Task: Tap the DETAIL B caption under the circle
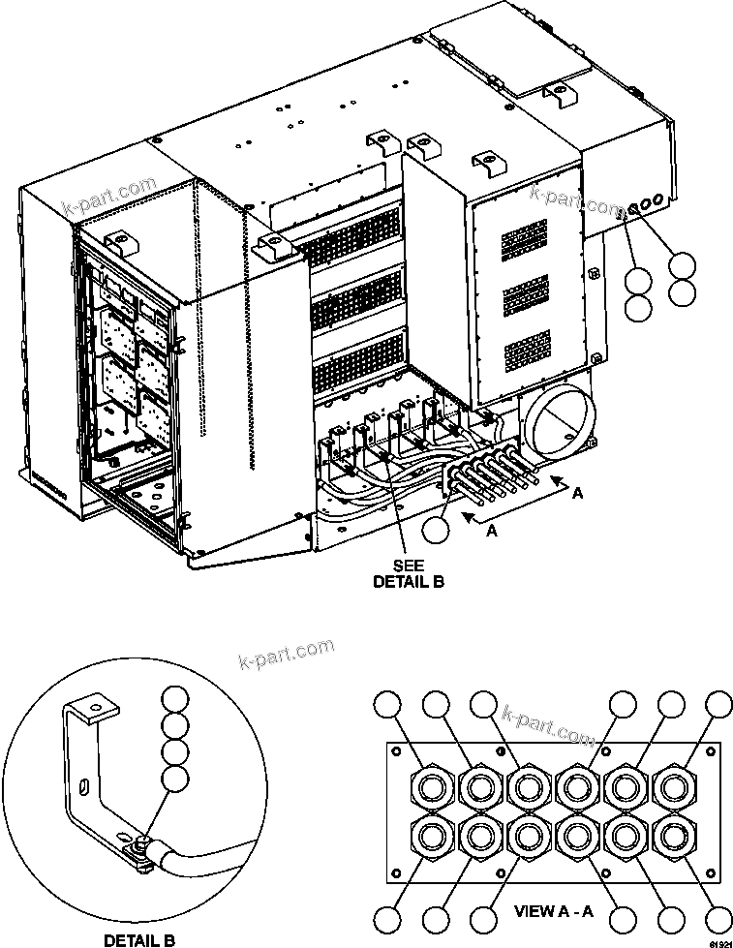tap(139, 938)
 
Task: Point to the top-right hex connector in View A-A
tap(671, 785)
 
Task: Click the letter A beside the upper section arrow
tap(578, 493)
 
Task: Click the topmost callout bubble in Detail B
tap(174, 700)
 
